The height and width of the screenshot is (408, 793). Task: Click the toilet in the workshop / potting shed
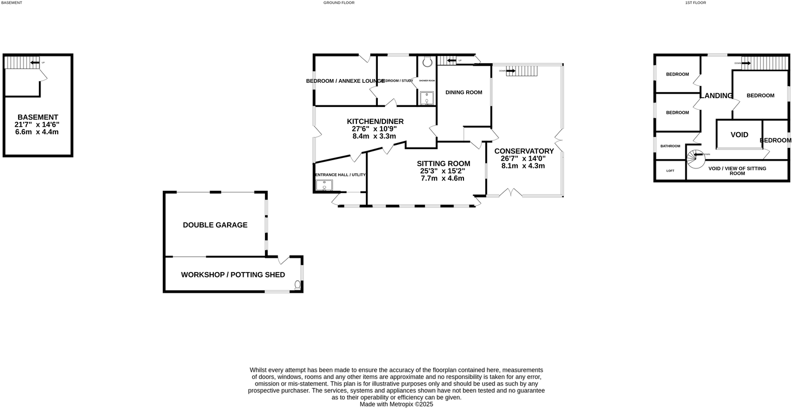click(298, 284)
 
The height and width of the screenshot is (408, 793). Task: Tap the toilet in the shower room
click(427, 62)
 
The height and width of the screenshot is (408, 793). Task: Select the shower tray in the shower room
click(427, 98)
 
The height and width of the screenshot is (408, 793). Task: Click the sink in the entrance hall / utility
click(324, 185)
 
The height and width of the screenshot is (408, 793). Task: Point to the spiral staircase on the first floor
click(696, 158)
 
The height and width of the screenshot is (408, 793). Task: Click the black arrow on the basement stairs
click(35, 63)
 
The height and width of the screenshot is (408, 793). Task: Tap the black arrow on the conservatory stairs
click(511, 71)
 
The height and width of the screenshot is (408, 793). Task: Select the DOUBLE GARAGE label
click(215, 225)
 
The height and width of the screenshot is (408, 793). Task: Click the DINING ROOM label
click(463, 92)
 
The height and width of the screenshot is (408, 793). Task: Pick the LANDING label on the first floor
click(716, 95)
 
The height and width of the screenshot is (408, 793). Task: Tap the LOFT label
click(670, 171)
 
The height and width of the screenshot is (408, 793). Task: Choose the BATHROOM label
click(670, 146)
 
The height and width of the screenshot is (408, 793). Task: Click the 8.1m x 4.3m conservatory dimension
click(523, 166)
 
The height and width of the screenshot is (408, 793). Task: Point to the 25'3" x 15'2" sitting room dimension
click(443, 171)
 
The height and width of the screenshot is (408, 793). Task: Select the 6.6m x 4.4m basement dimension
click(37, 132)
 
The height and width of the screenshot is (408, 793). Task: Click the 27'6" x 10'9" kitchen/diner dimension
click(375, 129)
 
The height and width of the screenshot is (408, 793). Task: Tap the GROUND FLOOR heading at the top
click(339, 3)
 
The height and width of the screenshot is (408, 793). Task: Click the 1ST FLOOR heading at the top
click(695, 3)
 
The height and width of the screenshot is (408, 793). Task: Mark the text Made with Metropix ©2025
click(397, 404)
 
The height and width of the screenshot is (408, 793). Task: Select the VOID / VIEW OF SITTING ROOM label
click(737, 171)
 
